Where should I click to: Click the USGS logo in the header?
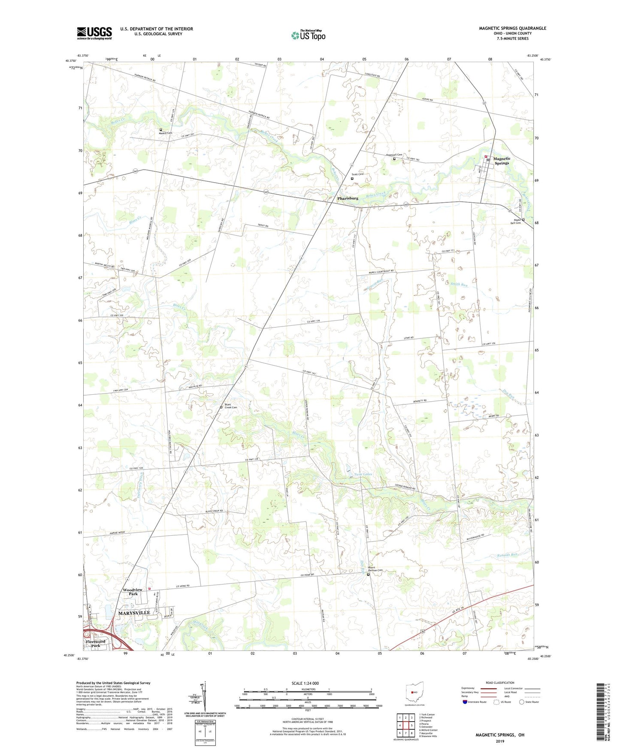[94, 33]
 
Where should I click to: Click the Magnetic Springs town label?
[502, 161]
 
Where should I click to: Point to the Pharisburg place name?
[348, 198]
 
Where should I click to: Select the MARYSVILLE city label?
[134, 613]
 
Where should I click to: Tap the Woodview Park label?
[133, 591]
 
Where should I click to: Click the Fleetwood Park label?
[96, 643]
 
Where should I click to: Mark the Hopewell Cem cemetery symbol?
[394, 159]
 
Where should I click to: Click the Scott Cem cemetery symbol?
[352, 178]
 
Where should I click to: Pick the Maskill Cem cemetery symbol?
[161, 130]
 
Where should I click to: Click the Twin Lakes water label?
[363, 474]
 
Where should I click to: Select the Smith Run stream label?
[459, 284]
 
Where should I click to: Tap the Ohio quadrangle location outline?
[414, 693]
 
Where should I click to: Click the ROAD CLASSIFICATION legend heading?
[500, 683]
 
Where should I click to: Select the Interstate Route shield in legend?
[466, 702]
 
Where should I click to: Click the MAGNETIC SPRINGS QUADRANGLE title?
[512, 28]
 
